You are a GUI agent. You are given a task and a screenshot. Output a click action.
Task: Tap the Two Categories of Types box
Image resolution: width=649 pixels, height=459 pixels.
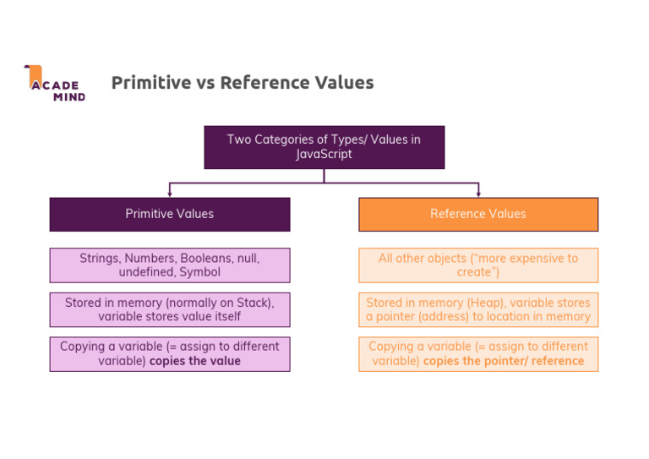click(x=324, y=147)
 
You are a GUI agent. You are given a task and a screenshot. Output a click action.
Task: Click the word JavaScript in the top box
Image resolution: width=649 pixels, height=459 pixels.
click(x=324, y=155)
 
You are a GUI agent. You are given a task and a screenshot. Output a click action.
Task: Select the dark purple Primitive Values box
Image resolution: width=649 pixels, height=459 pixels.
click(x=169, y=214)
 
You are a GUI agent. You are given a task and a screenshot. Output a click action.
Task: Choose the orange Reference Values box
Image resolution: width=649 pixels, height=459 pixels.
click(x=478, y=214)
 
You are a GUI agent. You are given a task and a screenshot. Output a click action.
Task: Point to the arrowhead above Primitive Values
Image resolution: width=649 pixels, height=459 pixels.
click(x=169, y=194)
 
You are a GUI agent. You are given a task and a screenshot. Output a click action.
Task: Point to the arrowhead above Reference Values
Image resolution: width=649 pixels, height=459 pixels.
click(x=478, y=194)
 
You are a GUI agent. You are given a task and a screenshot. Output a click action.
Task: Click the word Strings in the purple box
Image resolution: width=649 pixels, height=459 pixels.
click(x=99, y=259)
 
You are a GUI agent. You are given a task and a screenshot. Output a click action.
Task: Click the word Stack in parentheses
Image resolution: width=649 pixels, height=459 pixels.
click(x=254, y=303)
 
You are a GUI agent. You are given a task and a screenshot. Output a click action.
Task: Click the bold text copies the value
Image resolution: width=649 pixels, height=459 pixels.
click(x=195, y=361)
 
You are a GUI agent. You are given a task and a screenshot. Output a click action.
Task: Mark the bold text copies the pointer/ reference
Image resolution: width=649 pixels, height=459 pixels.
click(x=504, y=361)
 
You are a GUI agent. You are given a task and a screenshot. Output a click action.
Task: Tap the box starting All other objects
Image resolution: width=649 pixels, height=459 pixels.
click(x=478, y=265)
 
